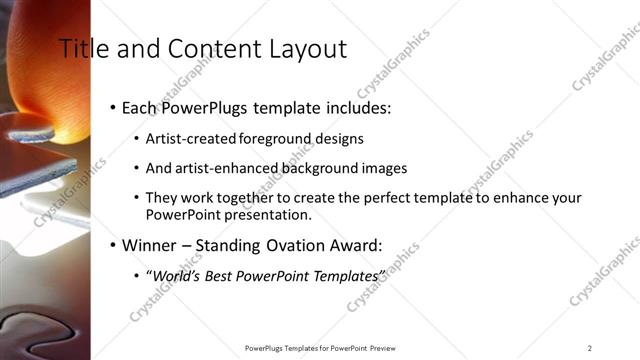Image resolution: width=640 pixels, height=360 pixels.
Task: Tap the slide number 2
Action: coord(590,348)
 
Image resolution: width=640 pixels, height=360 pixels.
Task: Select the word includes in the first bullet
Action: coord(356,107)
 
